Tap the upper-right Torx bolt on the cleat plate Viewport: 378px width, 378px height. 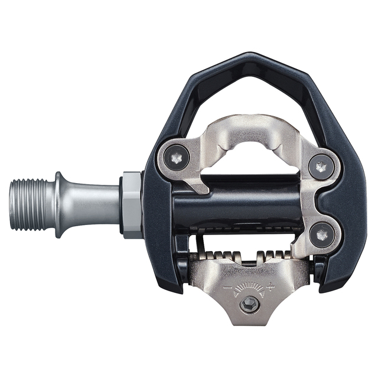coord(320,167)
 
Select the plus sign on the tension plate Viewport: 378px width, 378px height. coord(271,285)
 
